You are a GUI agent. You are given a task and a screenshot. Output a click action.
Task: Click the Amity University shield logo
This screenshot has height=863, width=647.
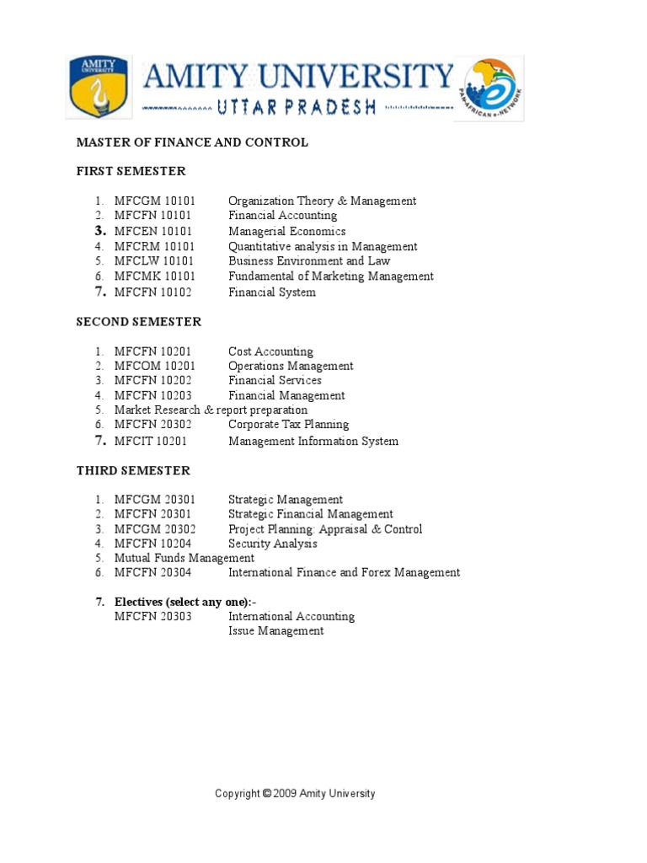[98, 87]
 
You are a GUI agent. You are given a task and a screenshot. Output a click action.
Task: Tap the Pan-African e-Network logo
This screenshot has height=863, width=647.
[489, 89]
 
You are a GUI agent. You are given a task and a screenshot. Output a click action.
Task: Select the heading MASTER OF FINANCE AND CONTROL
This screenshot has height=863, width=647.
[192, 142]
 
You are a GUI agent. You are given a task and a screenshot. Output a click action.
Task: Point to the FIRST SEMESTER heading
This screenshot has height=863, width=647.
[131, 171]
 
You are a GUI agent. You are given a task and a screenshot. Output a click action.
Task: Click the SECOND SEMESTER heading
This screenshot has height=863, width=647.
[139, 322]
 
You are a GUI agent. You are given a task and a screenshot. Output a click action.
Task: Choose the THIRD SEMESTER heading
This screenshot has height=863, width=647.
[133, 470]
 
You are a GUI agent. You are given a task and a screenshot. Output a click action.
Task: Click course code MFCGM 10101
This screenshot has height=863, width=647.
[155, 201]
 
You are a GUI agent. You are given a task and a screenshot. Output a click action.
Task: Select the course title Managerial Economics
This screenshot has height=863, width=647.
[286, 231]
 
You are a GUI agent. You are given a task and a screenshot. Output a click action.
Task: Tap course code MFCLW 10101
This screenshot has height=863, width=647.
[154, 261]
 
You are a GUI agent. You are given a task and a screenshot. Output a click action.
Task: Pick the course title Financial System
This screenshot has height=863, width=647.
[272, 292]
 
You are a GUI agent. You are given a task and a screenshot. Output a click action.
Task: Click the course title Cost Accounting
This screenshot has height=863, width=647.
[270, 351]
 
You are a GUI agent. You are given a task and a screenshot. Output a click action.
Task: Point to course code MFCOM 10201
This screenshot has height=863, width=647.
[155, 366]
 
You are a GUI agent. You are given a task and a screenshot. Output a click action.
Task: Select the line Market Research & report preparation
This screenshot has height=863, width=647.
[211, 410]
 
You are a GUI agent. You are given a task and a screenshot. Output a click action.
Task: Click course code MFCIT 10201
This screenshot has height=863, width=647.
[151, 441]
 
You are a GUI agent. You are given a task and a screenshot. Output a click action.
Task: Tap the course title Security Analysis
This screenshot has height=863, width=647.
[273, 544]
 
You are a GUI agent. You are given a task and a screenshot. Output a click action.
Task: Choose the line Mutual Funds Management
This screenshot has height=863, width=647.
[184, 558]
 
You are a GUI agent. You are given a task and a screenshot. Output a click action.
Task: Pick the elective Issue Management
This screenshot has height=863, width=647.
[275, 630]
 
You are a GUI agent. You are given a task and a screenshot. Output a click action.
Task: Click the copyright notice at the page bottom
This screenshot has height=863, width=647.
[295, 793]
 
